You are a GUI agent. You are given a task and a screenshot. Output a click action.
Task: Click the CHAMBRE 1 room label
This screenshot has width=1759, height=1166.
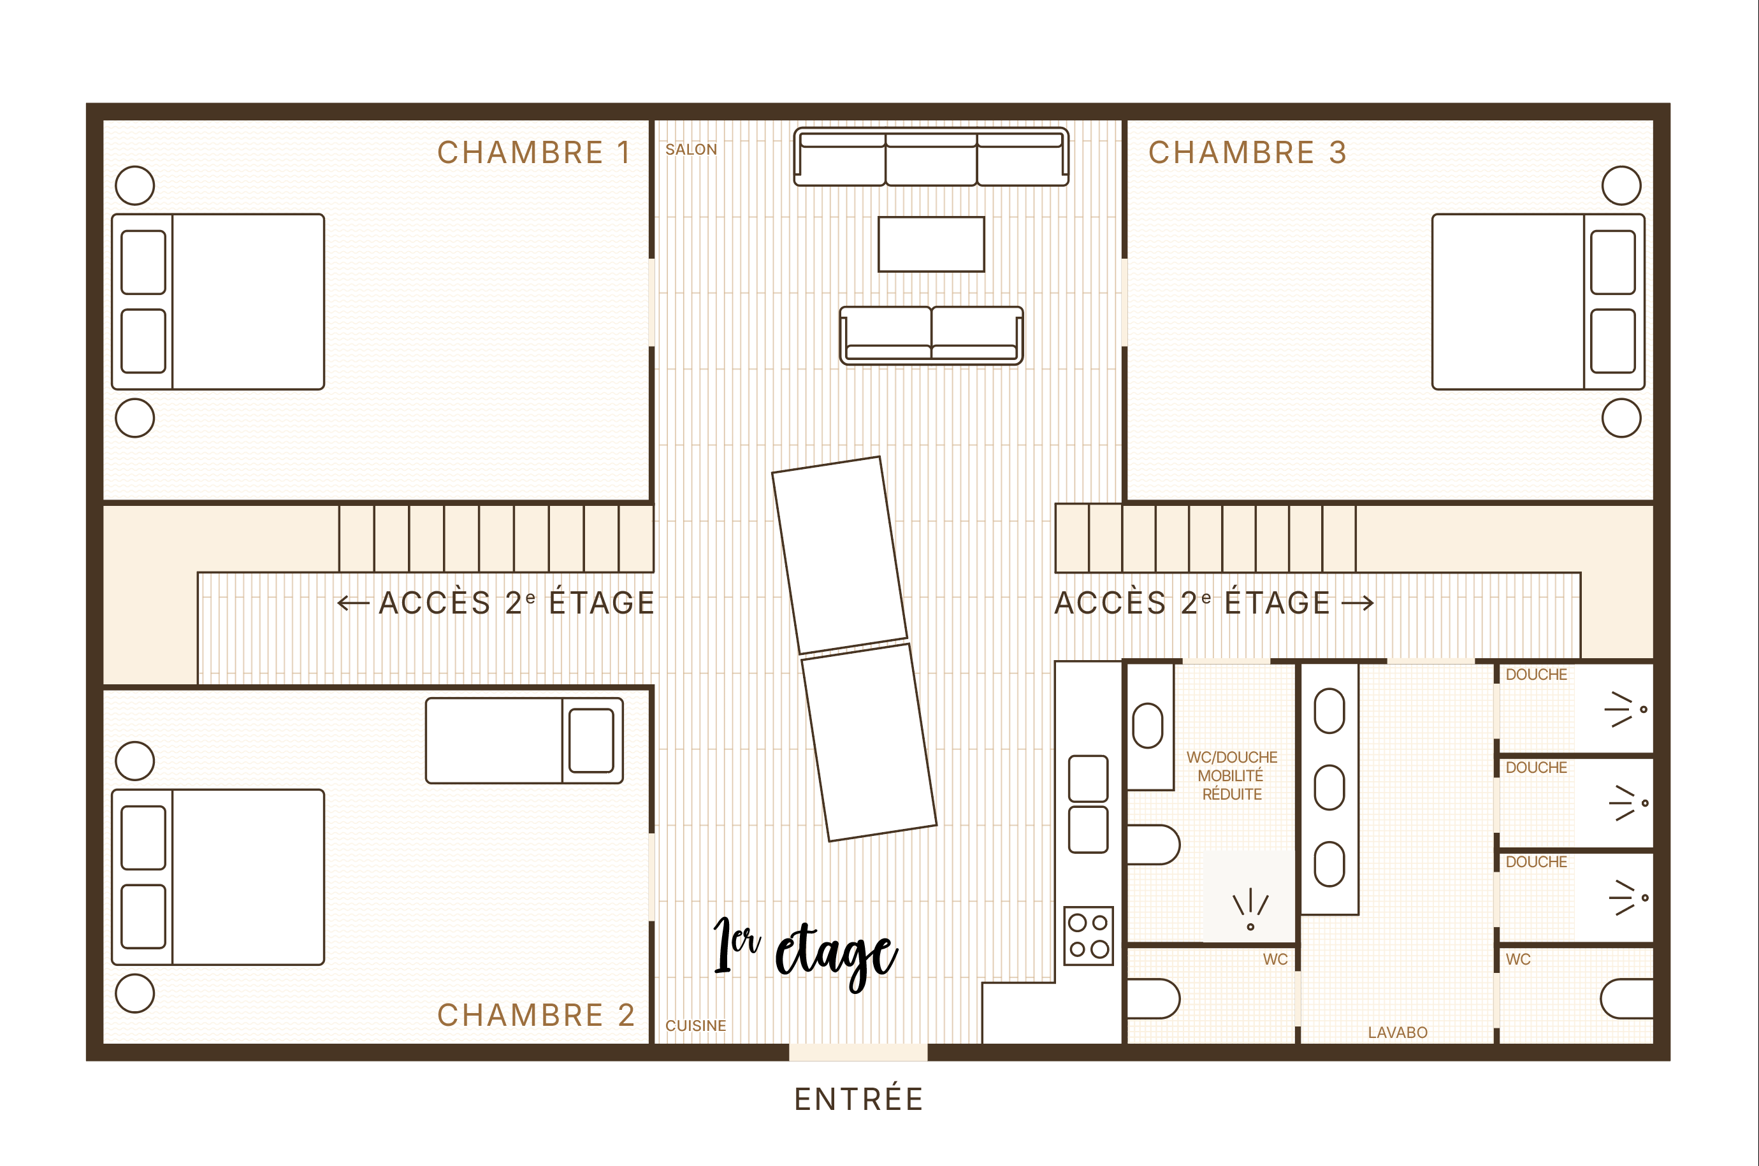coord(534,152)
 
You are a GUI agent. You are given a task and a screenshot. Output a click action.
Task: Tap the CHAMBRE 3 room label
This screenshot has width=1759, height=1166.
coord(1247,152)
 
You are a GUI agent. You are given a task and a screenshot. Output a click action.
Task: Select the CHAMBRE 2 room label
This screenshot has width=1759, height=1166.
coord(535,1015)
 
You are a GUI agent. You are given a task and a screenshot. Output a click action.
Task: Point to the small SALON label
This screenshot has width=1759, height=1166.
coord(691,150)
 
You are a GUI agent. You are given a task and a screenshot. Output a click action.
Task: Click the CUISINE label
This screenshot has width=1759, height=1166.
coord(695,1025)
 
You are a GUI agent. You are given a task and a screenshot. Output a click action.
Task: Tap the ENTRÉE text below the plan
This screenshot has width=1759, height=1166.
coord(859,1099)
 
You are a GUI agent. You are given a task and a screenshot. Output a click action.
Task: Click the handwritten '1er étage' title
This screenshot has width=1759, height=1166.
coord(805,953)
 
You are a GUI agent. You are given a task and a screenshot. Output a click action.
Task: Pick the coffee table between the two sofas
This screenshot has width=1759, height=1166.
coord(931,244)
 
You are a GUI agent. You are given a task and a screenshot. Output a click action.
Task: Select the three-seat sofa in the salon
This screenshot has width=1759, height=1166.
coord(931,157)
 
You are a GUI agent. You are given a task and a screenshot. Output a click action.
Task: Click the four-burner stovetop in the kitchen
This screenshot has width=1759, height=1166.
coord(1088,935)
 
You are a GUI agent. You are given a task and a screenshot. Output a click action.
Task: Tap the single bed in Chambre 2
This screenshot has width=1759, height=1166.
coord(525,740)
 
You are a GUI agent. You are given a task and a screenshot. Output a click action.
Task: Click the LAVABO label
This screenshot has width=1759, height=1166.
coord(1398,1032)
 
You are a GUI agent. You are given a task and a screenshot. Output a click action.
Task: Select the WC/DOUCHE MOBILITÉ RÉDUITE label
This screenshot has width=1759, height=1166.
coord(1232,775)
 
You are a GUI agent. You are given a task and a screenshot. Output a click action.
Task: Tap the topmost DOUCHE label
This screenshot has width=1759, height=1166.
coord(1536,675)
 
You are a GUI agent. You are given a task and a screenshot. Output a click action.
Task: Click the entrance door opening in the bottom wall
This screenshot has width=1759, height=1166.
coord(858,1052)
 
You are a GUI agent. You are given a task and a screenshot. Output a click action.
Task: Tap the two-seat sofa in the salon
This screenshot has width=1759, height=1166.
coord(931,335)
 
